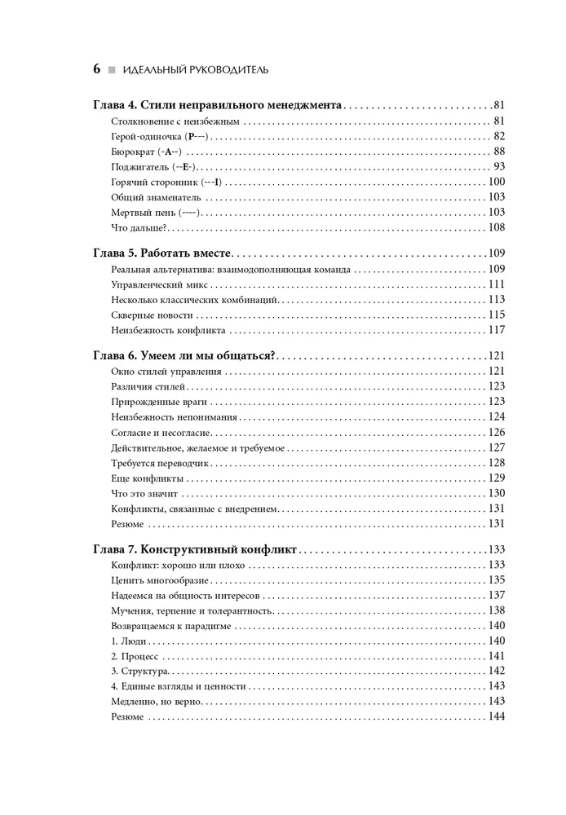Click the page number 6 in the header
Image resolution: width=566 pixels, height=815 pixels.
pyautogui.click(x=95, y=70)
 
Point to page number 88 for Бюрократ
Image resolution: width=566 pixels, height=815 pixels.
pyautogui.click(x=499, y=152)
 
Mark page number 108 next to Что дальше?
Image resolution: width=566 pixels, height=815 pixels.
pyautogui.click(x=497, y=227)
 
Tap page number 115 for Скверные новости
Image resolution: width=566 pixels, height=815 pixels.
pyautogui.click(x=497, y=315)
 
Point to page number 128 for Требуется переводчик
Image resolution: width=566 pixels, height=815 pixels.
pyautogui.click(x=497, y=462)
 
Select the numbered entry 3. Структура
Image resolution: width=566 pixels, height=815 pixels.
pyautogui.click(x=139, y=671)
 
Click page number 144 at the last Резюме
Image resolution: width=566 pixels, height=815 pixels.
pyautogui.click(x=497, y=716)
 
